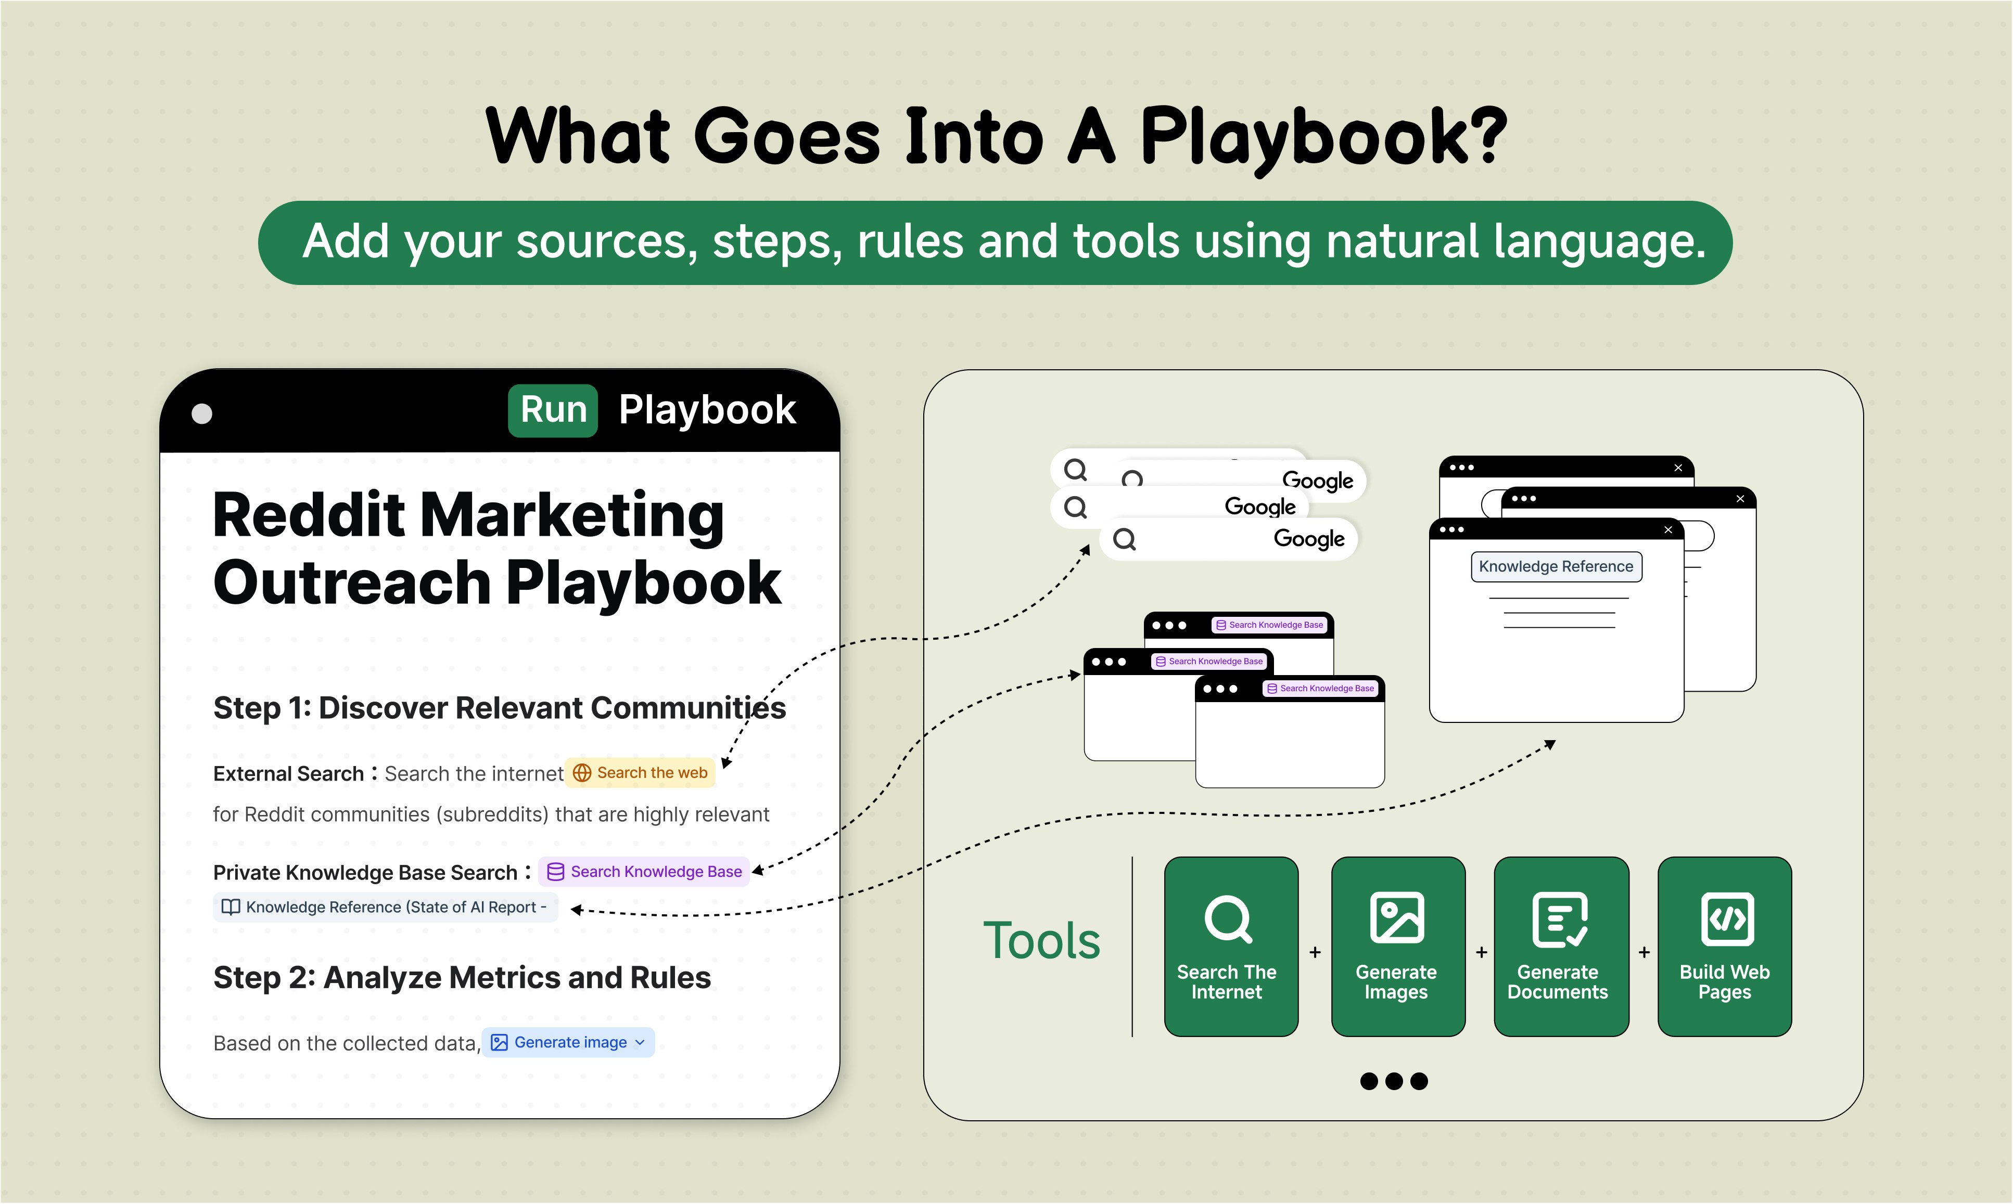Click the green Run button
(x=553, y=410)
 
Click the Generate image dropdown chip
(x=569, y=1043)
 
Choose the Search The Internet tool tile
(x=1230, y=947)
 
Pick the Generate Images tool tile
(x=1398, y=947)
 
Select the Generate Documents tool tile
(x=1561, y=947)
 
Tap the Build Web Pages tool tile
(x=1725, y=947)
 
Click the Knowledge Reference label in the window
(x=1556, y=566)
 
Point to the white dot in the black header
(x=202, y=414)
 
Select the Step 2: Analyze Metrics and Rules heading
(x=462, y=978)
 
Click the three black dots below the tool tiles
(x=1394, y=1081)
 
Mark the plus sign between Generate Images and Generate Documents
(x=1481, y=952)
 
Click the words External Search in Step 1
(x=288, y=774)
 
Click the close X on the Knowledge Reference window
(x=1668, y=530)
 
